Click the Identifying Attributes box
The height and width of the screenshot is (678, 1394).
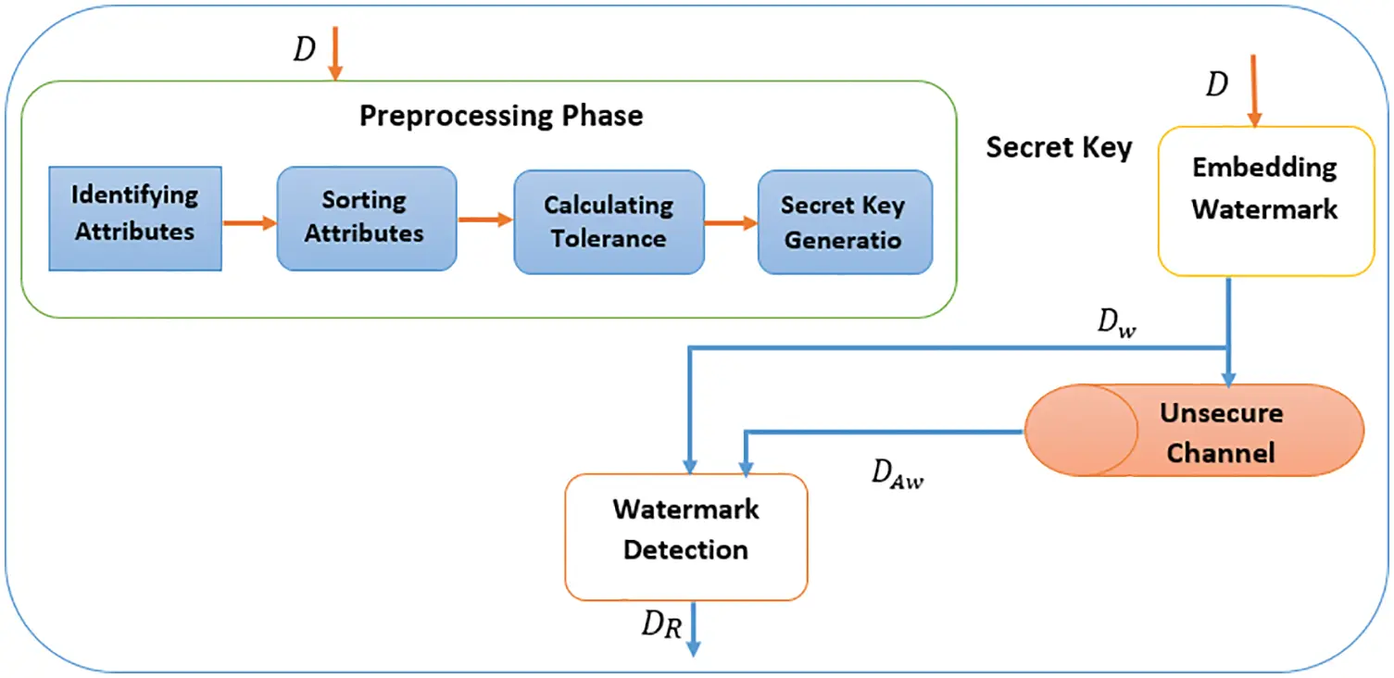pyautogui.click(x=135, y=219)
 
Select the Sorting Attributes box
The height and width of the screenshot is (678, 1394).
pyautogui.click(x=366, y=219)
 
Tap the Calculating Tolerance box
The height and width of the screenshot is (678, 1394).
pyautogui.click(x=609, y=222)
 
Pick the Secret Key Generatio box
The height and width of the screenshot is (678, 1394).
pyautogui.click(x=844, y=222)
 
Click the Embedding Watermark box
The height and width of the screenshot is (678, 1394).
pyautogui.click(x=1265, y=201)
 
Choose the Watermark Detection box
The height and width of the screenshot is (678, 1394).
pyautogui.click(x=686, y=537)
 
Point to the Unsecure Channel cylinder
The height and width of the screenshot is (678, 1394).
pyautogui.click(x=1194, y=431)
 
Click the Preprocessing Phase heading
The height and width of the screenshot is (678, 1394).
pyautogui.click(x=501, y=116)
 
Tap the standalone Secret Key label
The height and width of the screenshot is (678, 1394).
pyautogui.click(x=1059, y=148)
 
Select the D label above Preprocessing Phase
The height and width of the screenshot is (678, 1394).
pyautogui.click(x=305, y=50)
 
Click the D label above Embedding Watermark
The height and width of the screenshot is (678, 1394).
pyautogui.click(x=1216, y=84)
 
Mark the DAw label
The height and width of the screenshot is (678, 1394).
pyautogui.click(x=898, y=473)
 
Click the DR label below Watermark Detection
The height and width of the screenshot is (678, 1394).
pyautogui.click(x=662, y=627)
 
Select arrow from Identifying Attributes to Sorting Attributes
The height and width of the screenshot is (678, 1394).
pyautogui.click(x=249, y=223)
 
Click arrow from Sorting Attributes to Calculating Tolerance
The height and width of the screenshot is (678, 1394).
pyautogui.click(x=485, y=220)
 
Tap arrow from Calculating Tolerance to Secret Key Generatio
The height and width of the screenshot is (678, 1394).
pyautogui.click(x=731, y=223)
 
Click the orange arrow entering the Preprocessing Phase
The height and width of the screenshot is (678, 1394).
pyautogui.click(x=335, y=54)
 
